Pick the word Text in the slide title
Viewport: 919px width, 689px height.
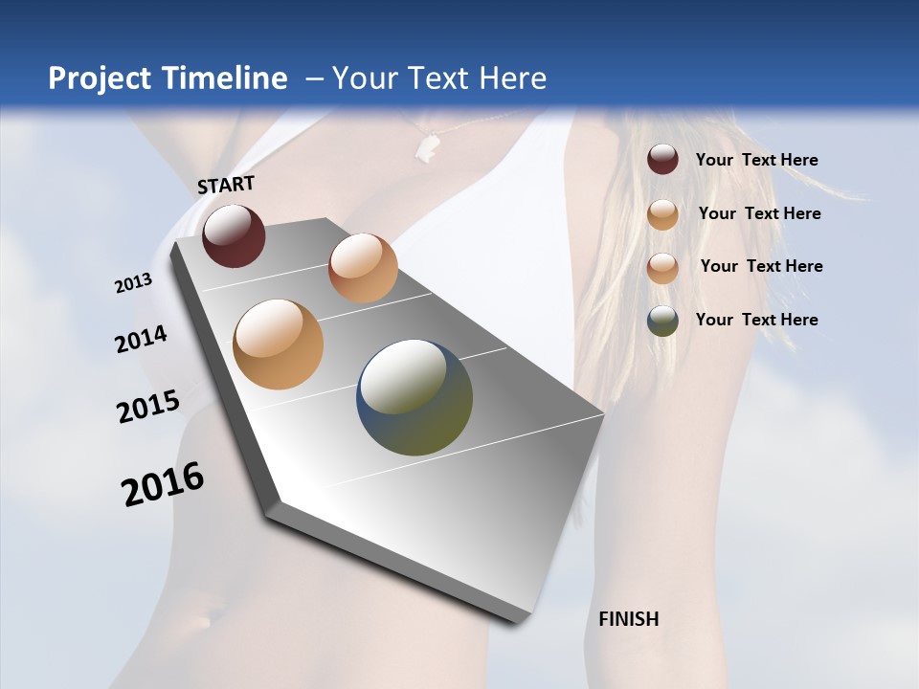pyautogui.click(x=436, y=78)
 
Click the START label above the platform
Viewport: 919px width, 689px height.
pyautogui.click(x=226, y=185)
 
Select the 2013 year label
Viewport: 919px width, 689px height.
pyautogui.click(x=133, y=283)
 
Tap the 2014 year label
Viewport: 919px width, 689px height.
pyautogui.click(x=141, y=340)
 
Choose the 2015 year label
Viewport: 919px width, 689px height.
pyautogui.click(x=147, y=407)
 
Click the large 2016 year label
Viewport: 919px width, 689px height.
pyautogui.click(x=163, y=484)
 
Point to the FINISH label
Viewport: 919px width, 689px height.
pyautogui.click(x=628, y=619)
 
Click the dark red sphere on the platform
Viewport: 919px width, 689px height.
pyautogui.click(x=234, y=235)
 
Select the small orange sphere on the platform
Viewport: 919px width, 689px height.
pyautogui.click(x=363, y=268)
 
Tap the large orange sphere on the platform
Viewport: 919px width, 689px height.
pyautogui.click(x=278, y=344)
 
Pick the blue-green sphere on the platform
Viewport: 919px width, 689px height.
pyautogui.click(x=415, y=397)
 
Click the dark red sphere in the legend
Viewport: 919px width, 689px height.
pyautogui.click(x=662, y=160)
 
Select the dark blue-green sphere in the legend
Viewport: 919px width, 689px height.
pyautogui.click(x=662, y=320)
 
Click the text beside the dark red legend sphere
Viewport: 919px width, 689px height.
pyautogui.click(x=756, y=160)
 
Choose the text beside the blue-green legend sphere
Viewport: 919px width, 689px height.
pyautogui.click(x=756, y=320)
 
